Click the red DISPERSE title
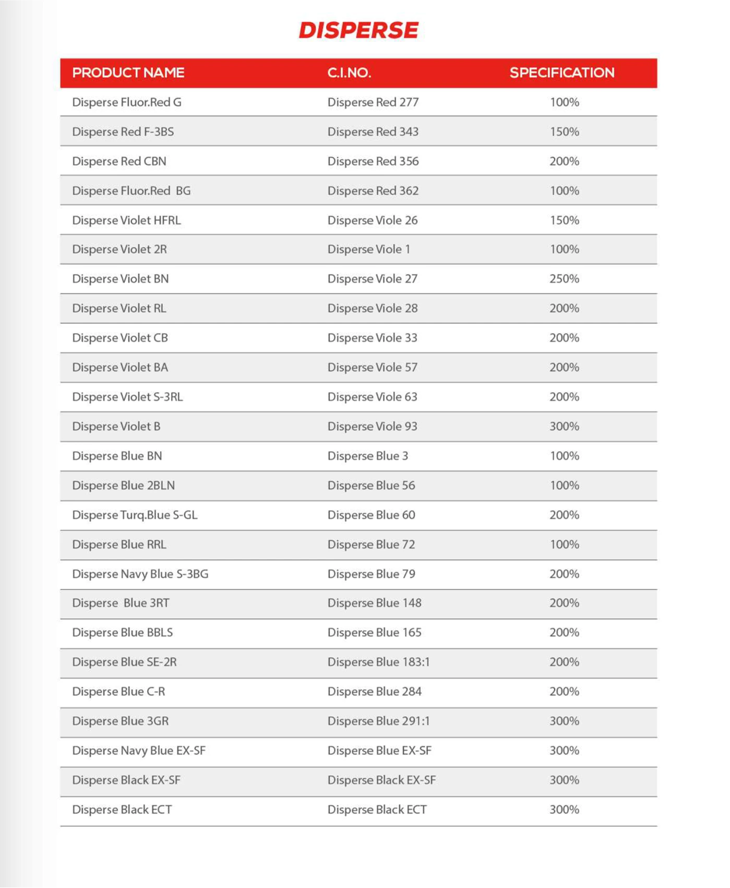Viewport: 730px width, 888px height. pos(358,30)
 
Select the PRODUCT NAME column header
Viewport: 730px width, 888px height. pos(128,73)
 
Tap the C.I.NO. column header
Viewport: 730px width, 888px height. pos(349,73)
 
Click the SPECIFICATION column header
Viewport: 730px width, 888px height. pos(562,73)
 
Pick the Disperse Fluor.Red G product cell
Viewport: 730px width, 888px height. pos(127,102)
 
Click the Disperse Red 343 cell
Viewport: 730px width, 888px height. pos(373,132)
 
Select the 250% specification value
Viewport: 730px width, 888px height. pos(564,279)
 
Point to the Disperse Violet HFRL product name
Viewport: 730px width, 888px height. pos(126,220)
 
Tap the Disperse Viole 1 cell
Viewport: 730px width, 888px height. pos(368,250)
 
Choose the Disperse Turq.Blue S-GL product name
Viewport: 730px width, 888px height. pos(135,515)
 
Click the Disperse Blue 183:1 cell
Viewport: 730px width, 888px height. pos(378,662)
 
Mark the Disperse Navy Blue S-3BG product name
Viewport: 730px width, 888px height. pos(140,574)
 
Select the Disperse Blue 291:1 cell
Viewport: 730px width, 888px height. pos(378,721)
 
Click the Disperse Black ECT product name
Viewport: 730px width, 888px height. pos(122,809)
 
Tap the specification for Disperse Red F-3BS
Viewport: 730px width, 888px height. pos(564,132)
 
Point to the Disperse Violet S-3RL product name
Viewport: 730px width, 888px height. pos(127,397)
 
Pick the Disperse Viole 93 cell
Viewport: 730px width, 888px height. pos(372,427)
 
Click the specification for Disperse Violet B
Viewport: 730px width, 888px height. pos(564,427)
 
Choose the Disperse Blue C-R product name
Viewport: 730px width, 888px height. pos(118,691)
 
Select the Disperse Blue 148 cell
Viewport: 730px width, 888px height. pos(374,603)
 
